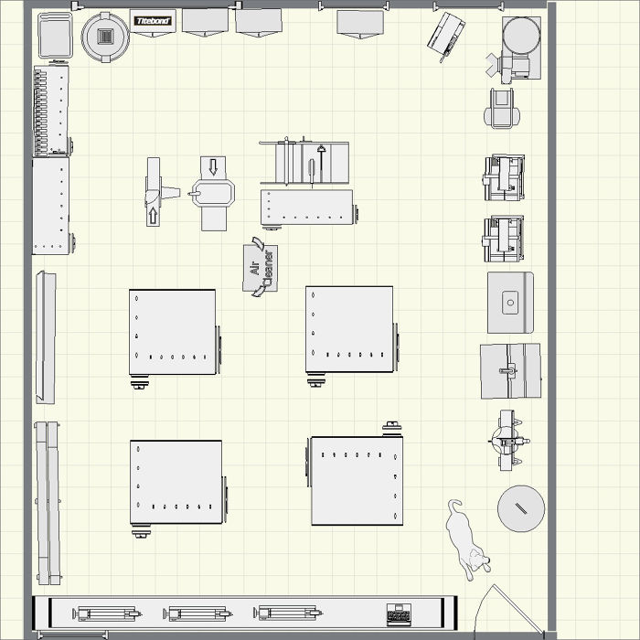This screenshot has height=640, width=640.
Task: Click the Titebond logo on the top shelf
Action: pos(152,20)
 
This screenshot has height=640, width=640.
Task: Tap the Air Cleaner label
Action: pos(261,268)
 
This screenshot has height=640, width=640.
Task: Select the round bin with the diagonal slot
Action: pos(521,508)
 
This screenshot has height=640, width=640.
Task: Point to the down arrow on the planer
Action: pos(214,166)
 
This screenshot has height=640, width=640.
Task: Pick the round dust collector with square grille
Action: pos(105,37)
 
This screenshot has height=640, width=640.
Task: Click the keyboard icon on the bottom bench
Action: pos(398,613)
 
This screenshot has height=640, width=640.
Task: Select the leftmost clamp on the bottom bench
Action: pos(107,613)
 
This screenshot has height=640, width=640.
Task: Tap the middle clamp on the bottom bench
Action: pos(197,613)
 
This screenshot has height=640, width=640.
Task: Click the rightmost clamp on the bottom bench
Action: pos(288,613)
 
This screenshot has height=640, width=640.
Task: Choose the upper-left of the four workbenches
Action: pos(173,332)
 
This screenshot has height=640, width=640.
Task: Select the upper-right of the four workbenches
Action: pos(349,329)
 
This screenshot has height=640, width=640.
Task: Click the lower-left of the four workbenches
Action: pos(176,482)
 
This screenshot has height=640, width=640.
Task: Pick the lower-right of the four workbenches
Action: pos(357,480)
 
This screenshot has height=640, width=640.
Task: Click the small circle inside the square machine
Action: pos(510,301)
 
